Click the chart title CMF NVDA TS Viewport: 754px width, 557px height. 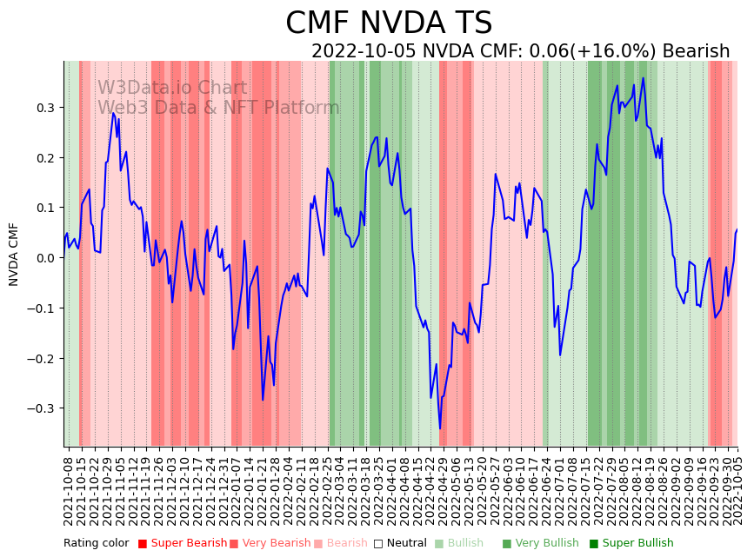pyautogui.click(x=389, y=23)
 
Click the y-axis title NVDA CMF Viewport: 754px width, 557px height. pyautogui.click(x=14, y=254)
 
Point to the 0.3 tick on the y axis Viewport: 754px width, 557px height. pyautogui.click(x=43, y=108)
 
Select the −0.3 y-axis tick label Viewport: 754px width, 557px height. pyautogui.click(x=40, y=408)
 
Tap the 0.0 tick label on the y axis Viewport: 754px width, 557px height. pyautogui.click(x=43, y=258)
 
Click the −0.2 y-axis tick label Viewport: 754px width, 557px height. pyautogui.click(x=40, y=358)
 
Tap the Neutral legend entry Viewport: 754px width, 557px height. pyautogui.click(x=401, y=544)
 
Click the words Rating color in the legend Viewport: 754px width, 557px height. pyautogui.click(x=97, y=544)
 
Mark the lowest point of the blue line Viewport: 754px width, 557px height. pyautogui.click(x=440, y=428)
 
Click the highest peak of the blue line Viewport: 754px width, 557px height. pyautogui.click(x=644, y=78)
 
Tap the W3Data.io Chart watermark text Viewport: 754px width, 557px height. pyautogui.click(x=171, y=88)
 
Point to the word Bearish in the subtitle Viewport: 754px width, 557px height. pyautogui.click(x=696, y=51)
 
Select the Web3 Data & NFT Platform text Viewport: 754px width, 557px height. pyautogui.click(x=218, y=108)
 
